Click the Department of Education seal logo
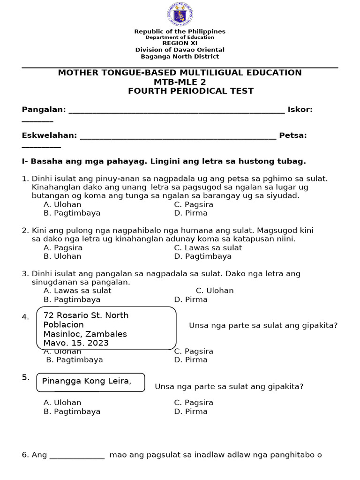[180, 14]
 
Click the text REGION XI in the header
[180, 43]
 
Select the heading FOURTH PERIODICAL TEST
[190, 91]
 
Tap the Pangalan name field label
[44, 110]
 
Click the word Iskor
[300, 110]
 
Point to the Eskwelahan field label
[49, 135]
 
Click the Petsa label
[293, 135]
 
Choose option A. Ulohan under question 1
[62, 204]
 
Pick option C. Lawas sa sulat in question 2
[208, 247]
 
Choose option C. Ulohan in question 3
[215, 291]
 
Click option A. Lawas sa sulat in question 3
[77, 291]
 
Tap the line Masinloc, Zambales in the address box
[85, 334]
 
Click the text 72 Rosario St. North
[86, 315]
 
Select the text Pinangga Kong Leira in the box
[87, 381]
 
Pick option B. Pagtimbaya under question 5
[72, 412]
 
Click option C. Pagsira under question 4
[194, 351]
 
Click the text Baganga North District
[180, 57]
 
